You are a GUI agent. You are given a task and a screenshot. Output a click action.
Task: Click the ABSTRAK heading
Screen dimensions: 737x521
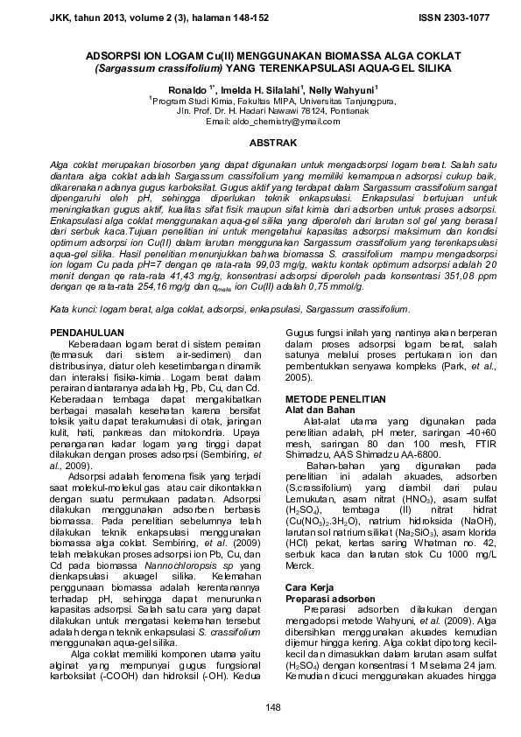point(260,142)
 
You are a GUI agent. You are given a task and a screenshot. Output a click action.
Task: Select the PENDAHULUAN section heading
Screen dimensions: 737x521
point(86,309)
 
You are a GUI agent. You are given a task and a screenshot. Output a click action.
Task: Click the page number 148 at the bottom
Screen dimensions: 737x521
point(260,705)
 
